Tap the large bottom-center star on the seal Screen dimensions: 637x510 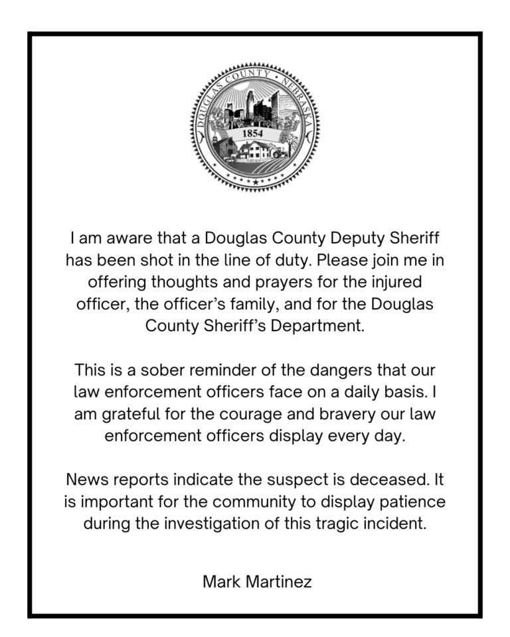(x=255, y=181)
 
